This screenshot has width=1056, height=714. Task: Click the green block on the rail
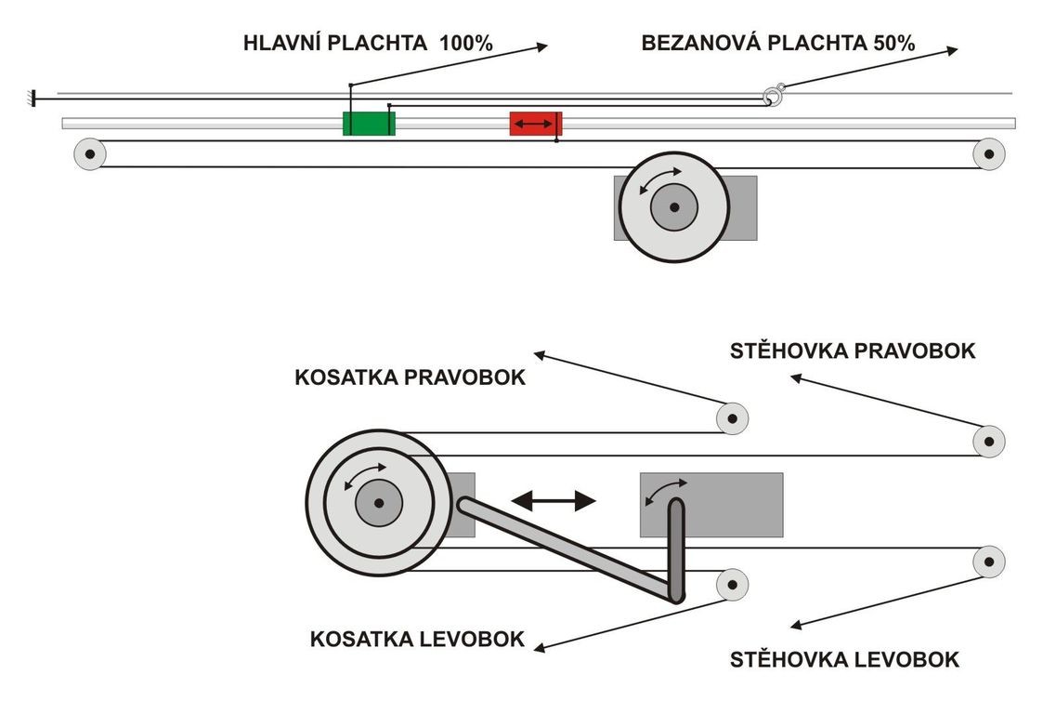369,123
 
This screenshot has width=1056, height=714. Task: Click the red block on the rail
535,124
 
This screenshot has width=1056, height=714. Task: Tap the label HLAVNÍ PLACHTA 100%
368,43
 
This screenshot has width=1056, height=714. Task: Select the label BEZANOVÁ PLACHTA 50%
778,43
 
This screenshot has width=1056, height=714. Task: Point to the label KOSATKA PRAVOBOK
410,378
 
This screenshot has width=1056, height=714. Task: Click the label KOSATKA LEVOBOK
417,639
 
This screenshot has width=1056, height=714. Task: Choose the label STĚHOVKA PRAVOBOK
853,350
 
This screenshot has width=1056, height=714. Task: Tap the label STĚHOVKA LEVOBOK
844,660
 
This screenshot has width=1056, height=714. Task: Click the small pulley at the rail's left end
90,153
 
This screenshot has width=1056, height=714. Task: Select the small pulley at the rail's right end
988,153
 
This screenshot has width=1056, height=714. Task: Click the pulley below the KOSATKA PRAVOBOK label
733,417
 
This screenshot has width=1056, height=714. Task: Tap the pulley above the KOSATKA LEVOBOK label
733,584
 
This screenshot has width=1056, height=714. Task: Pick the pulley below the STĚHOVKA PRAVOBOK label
989,440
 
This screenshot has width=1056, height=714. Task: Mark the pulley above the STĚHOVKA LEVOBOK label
989,562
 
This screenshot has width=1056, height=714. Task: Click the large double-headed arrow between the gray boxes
554,501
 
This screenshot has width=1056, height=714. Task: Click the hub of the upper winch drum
673,206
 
